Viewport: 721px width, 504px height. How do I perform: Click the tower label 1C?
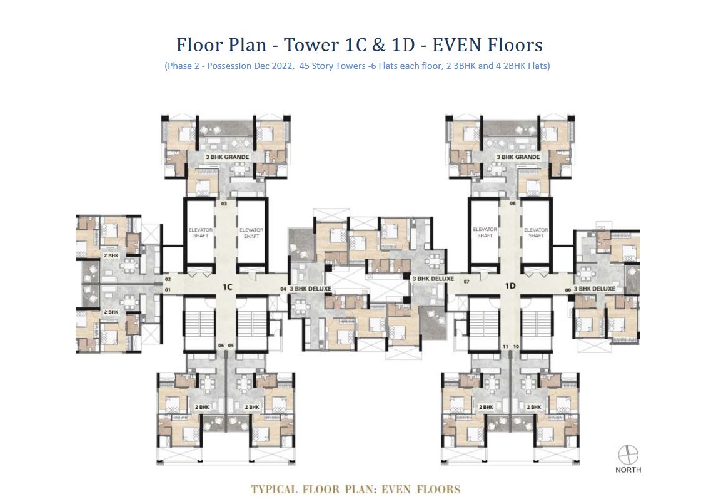click(x=227, y=286)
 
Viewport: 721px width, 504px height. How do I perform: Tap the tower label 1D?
click(x=510, y=286)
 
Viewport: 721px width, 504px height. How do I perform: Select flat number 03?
click(x=223, y=203)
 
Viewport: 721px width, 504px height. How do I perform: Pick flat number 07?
click(x=466, y=282)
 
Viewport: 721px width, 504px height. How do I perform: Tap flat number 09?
click(x=567, y=289)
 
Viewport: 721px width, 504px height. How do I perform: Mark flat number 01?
click(x=168, y=290)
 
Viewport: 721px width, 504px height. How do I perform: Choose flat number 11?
click(x=505, y=346)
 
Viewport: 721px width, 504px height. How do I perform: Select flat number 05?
click(x=231, y=346)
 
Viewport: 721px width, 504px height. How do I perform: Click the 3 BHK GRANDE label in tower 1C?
click(x=228, y=157)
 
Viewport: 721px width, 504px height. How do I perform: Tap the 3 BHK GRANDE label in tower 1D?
click(x=518, y=157)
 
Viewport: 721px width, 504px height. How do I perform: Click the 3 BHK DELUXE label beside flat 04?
click(x=310, y=289)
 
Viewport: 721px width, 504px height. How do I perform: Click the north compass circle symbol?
click(x=627, y=454)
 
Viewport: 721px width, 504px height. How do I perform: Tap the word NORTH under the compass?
click(x=627, y=470)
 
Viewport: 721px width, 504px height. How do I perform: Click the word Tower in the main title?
click(x=311, y=45)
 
